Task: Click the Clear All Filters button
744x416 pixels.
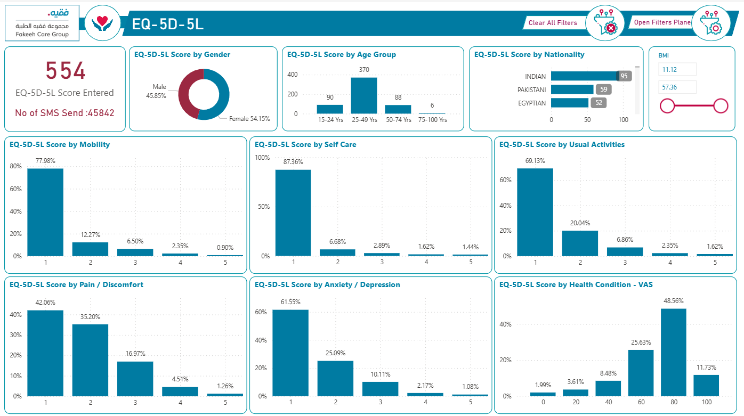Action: tap(553, 23)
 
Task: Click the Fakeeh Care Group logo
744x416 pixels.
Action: tap(42, 23)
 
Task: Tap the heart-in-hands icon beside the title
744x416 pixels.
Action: tap(102, 23)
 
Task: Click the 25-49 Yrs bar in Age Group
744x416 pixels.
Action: tap(364, 95)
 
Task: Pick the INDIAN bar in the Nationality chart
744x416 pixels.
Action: tap(584, 76)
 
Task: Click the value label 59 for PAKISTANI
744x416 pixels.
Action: tap(603, 89)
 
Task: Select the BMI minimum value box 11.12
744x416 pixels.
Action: tap(677, 69)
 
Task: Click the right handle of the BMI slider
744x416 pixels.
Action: tap(721, 106)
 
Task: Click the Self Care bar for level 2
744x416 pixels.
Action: tap(337, 252)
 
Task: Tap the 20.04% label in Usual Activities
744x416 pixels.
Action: tap(579, 223)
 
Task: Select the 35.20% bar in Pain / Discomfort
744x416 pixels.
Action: tap(90, 360)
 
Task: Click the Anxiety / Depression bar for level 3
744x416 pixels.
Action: tap(380, 389)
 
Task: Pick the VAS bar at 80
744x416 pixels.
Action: tap(673, 352)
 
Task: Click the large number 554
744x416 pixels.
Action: tap(65, 71)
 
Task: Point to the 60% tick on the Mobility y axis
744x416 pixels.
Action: tap(15, 189)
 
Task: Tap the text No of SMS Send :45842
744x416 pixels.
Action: tap(64, 113)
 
